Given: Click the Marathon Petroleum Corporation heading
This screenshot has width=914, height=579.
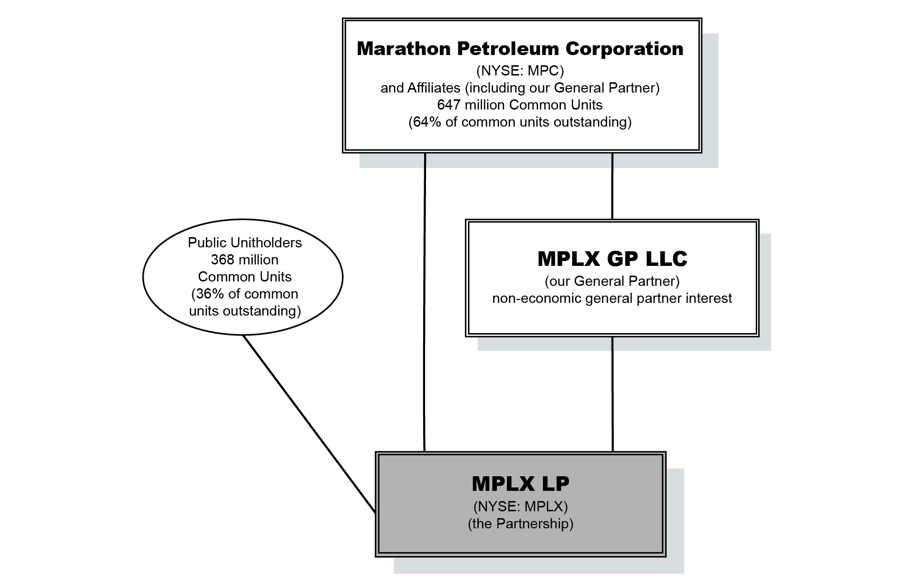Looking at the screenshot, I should tap(520, 49).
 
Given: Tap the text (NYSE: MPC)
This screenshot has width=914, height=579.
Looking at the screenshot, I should tap(520, 71).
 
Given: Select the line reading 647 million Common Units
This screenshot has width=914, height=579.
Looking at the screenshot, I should tap(520, 105).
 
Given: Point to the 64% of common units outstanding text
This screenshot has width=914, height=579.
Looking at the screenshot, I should tap(520, 122).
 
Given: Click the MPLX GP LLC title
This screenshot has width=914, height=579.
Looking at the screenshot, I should tap(612, 259).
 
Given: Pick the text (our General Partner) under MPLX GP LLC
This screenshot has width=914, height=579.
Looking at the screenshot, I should tap(612, 281).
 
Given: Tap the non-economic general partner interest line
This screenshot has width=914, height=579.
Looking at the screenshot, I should tap(612, 298).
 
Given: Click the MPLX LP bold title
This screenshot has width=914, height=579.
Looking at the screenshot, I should tap(520, 484).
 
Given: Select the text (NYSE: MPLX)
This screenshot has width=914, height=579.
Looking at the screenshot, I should tap(520, 506).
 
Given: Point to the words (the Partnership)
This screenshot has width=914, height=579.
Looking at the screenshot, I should tap(520, 524).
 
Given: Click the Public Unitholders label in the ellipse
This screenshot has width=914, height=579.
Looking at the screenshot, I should tap(244, 243).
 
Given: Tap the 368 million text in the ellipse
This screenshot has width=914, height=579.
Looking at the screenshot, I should tap(244, 260).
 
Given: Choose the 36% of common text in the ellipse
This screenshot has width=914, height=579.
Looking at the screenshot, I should tap(244, 294).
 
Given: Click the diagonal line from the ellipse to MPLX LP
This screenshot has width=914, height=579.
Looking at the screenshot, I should tap(309, 424).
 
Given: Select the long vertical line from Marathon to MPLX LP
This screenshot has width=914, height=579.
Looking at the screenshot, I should tap(425, 302).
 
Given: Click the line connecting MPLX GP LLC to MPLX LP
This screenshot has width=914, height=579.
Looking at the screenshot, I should tap(612, 393).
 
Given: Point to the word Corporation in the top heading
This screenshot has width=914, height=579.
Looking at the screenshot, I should tap(624, 49).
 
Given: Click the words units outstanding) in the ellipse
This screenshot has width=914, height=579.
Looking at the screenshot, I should tap(244, 311).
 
